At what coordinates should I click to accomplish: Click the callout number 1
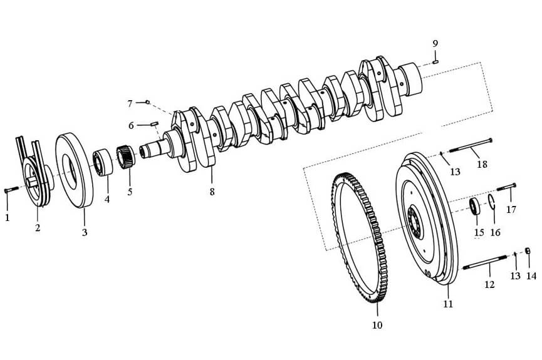[8, 218]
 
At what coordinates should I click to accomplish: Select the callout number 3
[84, 232]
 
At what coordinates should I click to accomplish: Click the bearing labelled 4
[102, 161]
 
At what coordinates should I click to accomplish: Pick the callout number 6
[131, 125]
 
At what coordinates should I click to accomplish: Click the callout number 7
[130, 103]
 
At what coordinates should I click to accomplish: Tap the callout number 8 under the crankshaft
[212, 192]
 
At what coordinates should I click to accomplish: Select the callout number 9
[435, 43]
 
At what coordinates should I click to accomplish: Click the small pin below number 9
[435, 61]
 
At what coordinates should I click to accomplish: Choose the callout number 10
[377, 325]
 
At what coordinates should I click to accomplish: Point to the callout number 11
[448, 304]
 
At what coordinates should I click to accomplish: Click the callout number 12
[489, 284]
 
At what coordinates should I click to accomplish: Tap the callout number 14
[531, 275]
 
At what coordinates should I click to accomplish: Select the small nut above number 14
[528, 252]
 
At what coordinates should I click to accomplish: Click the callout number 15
[479, 232]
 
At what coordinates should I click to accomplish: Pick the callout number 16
[495, 232]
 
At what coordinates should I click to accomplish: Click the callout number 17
[511, 210]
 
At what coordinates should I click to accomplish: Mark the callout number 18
[482, 165]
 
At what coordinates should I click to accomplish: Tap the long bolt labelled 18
[470, 147]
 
